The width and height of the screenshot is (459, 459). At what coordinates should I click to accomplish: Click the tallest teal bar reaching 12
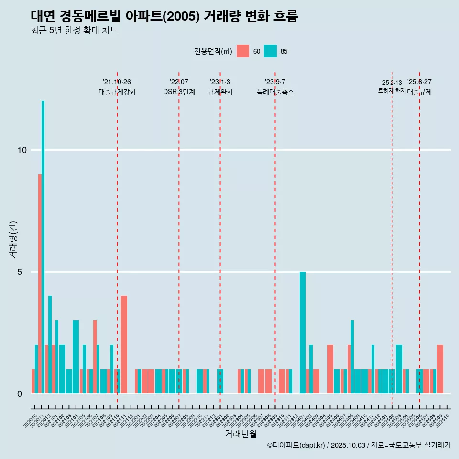point(43,247)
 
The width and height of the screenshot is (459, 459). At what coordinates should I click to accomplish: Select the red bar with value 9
point(40,284)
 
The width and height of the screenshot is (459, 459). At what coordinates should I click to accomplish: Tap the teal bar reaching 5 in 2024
point(302,332)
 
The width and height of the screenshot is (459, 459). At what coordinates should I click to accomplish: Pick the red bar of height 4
point(124,344)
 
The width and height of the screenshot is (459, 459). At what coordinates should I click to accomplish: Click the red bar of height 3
point(95,357)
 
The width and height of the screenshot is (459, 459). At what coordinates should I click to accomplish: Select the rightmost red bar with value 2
point(440,369)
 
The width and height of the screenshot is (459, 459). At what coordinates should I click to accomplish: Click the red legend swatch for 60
point(243,51)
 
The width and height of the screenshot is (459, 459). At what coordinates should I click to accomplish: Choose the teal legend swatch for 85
point(270,51)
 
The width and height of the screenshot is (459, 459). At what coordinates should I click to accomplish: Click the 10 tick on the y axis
point(22,150)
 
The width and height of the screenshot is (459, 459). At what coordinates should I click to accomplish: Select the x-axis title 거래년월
point(240,434)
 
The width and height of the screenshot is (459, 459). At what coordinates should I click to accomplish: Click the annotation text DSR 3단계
point(179,92)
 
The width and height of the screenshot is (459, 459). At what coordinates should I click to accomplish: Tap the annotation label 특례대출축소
point(275,92)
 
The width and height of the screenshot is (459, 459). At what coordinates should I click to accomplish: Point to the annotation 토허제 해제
point(392,91)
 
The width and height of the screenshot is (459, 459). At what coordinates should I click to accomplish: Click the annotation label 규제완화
point(220,92)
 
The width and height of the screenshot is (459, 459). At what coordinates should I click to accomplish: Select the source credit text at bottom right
point(359,445)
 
